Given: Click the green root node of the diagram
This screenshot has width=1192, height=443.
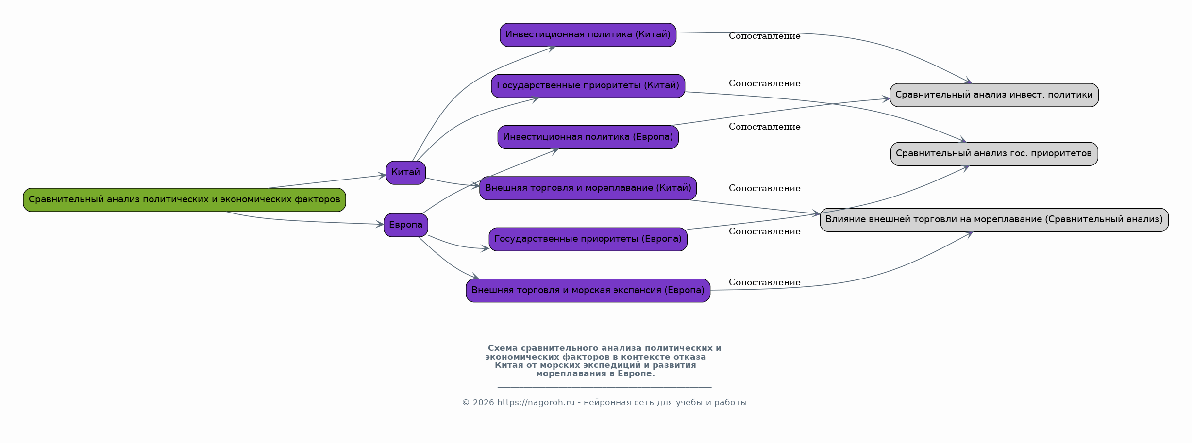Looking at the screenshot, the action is (x=185, y=200).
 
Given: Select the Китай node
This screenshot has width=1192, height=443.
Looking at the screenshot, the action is (x=406, y=173).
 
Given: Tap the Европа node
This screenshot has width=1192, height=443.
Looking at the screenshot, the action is (x=406, y=225).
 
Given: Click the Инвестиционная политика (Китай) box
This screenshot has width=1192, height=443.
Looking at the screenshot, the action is (x=588, y=35).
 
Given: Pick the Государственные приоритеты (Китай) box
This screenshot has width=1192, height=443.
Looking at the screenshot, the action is (x=588, y=86).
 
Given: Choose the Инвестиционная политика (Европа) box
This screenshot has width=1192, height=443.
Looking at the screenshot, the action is (x=588, y=137).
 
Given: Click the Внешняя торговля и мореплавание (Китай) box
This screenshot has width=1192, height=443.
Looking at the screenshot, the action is (x=588, y=188).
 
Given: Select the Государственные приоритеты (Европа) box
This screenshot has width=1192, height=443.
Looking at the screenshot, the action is (x=588, y=239).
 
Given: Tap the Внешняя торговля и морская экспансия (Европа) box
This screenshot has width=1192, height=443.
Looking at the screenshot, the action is (x=588, y=291).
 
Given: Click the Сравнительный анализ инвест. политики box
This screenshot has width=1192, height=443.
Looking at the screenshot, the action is (x=994, y=95).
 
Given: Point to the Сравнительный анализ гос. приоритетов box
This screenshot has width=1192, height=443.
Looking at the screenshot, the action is (x=994, y=154).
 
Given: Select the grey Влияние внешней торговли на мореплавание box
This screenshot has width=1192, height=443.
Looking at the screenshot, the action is (x=994, y=220).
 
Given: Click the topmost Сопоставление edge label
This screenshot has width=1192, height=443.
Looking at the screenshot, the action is (x=764, y=36).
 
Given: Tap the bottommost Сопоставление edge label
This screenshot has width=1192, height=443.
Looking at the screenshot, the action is (x=764, y=282).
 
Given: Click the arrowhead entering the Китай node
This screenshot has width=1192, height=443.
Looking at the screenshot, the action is (x=382, y=175).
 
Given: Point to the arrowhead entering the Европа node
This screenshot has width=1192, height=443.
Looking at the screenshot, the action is (x=380, y=224).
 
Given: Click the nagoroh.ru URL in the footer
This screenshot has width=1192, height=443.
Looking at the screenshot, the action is (x=536, y=402).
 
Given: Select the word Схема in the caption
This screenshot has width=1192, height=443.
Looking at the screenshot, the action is (x=503, y=348).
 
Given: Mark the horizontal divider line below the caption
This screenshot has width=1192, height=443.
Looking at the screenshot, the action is (x=604, y=387).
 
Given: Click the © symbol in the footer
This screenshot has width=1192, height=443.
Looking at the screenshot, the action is (x=466, y=403).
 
